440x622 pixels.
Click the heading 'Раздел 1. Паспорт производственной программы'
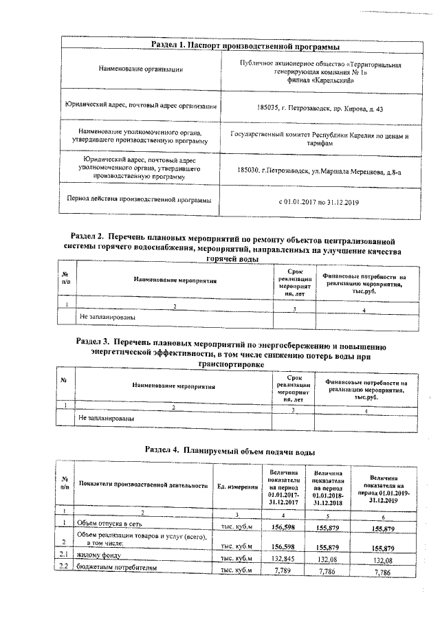click(x=245, y=45)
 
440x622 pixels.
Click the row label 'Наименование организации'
click(x=141, y=69)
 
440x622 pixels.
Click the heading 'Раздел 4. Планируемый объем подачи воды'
click(x=230, y=451)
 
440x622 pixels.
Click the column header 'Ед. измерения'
click(x=235, y=486)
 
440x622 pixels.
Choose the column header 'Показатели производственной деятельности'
click(x=143, y=486)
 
